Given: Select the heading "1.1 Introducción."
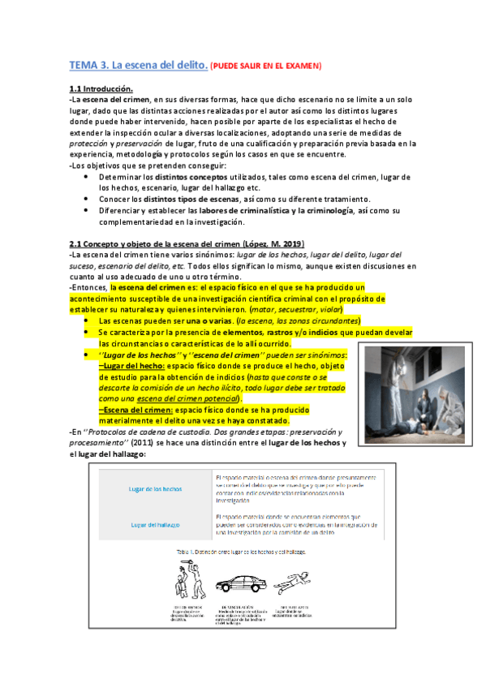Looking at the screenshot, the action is tap(101, 88).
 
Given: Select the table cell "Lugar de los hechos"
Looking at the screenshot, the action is tap(155, 489).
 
